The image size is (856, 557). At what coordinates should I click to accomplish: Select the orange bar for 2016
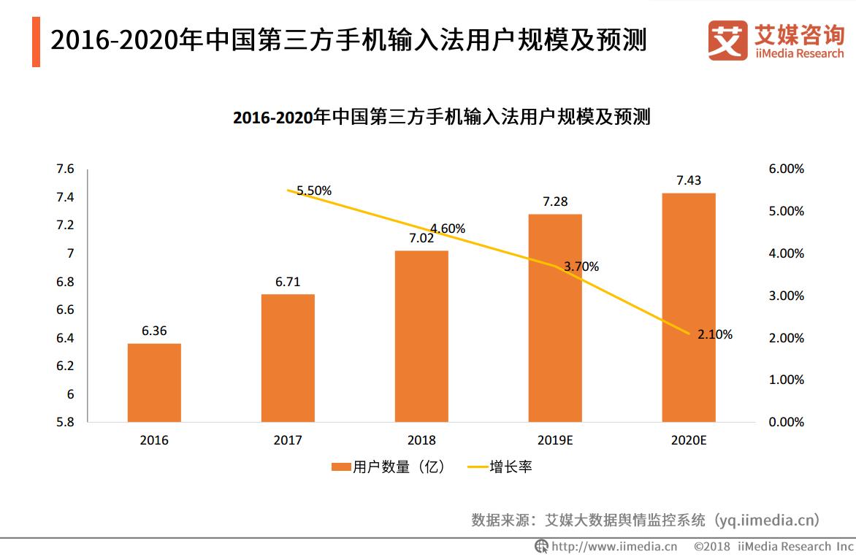click(x=154, y=383)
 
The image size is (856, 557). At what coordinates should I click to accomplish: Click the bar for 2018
click(x=421, y=336)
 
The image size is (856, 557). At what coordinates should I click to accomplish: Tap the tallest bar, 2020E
click(x=688, y=307)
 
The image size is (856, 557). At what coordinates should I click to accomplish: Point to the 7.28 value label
click(x=554, y=201)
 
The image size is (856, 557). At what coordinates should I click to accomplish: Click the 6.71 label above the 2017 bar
click(x=288, y=282)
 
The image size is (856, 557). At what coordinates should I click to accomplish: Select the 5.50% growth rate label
click(x=314, y=191)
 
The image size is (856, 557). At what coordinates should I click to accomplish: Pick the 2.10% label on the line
click(x=714, y=335)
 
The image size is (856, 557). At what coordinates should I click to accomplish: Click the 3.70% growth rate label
click(x=581, y=267)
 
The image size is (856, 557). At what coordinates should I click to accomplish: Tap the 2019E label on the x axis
click(x=555, y=440)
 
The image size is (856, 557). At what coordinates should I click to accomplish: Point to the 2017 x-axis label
click(x=288, y=440)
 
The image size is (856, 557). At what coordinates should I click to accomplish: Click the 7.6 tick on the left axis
click(x=65, y=169)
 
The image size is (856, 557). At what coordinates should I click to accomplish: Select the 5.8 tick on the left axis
click(x=65, y=422)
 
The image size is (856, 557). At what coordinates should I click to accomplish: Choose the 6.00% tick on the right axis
click(x=787, y=169)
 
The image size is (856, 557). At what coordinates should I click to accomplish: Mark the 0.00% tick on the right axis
click(x=787, y=422)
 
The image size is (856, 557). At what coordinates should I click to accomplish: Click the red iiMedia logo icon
click(x=727, y=40)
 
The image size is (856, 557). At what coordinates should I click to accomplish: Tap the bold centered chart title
click(x=441, y=118)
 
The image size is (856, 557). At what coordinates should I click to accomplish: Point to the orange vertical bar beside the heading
click(x=36, y=43)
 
